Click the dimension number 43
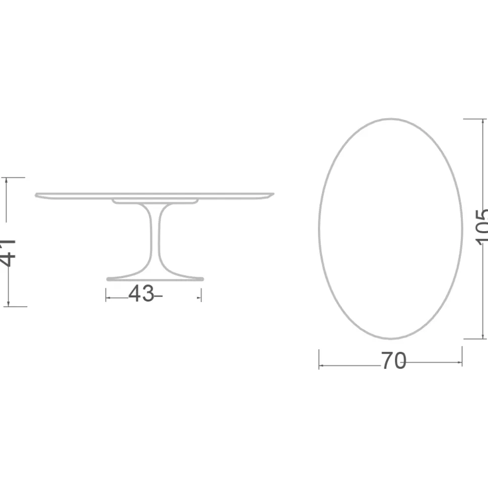pos(141,293)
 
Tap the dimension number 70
pos(393,360)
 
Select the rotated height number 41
pos(7,253)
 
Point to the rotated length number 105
pos(481,227)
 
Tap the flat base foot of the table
pos(155,279)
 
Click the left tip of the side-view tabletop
pos(36,195)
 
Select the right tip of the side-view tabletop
pos(273,194)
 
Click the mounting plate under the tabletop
pos(155,201)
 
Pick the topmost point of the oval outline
pos(390,119)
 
